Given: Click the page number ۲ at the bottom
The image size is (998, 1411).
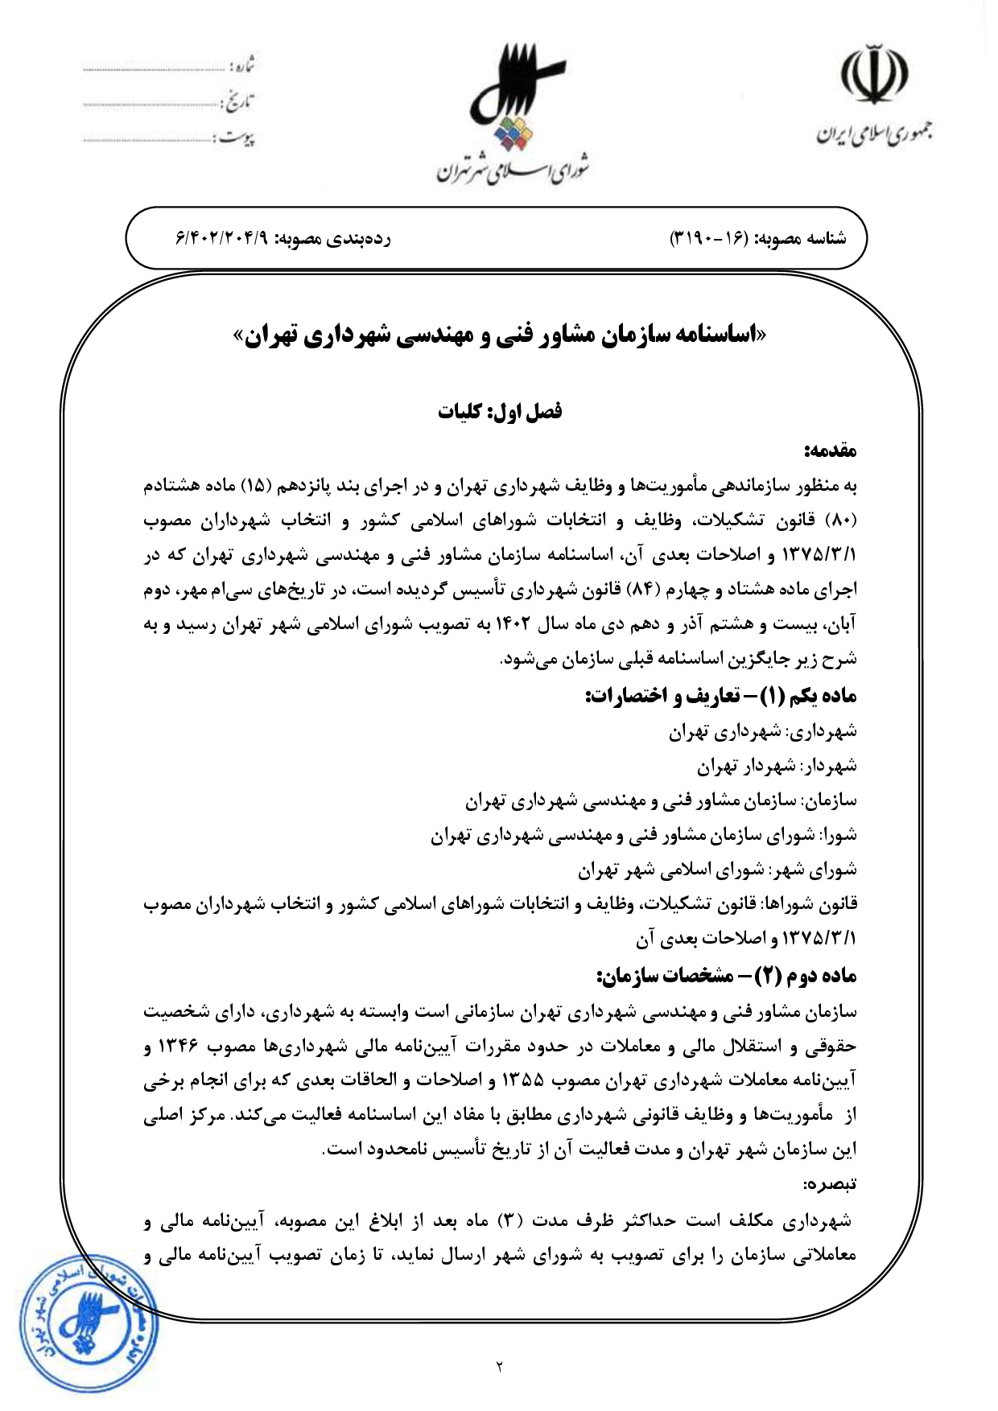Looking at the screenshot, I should [499, 1365].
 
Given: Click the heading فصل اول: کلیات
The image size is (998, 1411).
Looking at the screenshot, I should [500, 412].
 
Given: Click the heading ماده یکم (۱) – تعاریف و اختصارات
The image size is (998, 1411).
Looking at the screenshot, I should [720, 696].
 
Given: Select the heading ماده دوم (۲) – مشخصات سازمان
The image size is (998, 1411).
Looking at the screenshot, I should [727, 976].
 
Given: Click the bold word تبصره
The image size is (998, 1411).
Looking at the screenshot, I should [831, 1184].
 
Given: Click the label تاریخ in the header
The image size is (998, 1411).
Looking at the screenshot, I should [239, 102].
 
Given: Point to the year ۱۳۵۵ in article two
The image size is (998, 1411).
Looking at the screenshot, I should [522, 1080].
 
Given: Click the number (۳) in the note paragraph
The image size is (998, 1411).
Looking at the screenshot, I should [507, 1221].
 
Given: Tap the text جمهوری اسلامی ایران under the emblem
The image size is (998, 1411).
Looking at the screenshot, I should [874, 134].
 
